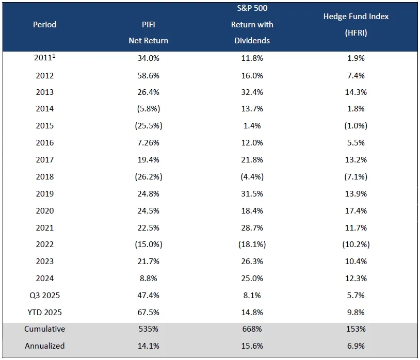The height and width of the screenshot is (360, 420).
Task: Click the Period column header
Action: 45,25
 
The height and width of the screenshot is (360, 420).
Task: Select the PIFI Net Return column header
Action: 149,32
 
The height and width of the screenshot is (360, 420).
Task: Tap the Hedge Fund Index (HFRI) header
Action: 356,24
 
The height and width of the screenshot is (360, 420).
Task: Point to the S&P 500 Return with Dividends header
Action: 252,24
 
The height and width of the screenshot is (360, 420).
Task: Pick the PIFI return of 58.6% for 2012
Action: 149,75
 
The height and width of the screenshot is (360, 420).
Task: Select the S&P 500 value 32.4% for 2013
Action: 252,92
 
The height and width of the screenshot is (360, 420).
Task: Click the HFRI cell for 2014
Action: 356,109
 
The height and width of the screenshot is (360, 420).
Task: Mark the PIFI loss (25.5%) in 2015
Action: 149,126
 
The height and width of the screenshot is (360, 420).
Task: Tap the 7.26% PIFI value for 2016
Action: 149,143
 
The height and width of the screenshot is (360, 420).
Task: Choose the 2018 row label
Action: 45,177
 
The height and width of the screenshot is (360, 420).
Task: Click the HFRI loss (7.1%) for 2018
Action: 356,177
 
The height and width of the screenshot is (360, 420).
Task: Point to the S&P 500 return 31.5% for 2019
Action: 252,194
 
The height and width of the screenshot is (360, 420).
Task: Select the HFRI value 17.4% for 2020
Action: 356,211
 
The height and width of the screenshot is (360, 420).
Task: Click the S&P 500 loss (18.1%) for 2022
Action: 252,244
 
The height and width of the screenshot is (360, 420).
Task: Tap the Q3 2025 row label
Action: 45,296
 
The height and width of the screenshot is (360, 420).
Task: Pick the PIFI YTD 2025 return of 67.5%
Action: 149,312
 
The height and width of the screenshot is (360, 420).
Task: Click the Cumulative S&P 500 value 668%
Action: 252,329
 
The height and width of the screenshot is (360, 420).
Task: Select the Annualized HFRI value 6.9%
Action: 356,346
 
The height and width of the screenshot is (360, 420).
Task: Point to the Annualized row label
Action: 45,346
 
